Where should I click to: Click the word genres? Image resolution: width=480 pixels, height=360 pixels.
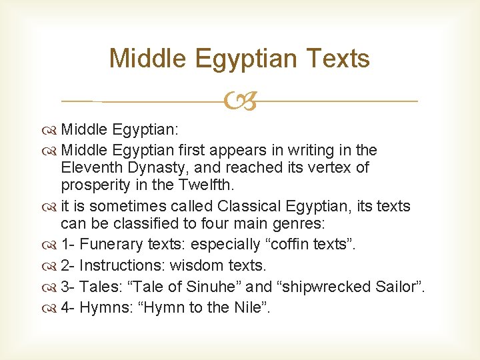tap(298, 224)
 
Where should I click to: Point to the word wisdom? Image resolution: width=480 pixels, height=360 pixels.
tap(199, 265)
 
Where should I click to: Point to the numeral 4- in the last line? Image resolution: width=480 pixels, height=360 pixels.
tap(67, 308)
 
